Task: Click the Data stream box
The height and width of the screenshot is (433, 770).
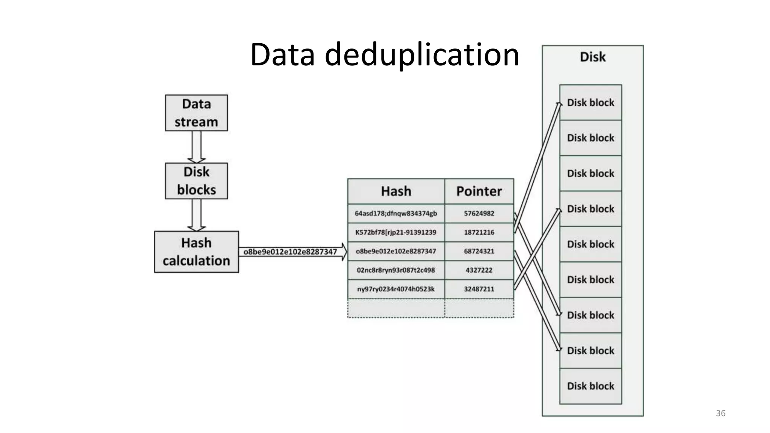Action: [x=196, y=113]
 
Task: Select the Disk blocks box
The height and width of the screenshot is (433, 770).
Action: [x=196, y=181]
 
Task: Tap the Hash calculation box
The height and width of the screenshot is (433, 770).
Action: [x=196, y=251]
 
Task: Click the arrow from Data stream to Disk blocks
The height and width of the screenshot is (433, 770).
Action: [x=196, y=147]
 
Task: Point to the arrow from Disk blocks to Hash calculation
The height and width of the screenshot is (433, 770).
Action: [x=196, y=215]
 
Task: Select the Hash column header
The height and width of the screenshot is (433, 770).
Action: [x=396, y=191]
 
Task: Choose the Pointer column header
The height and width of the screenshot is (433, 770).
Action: [x=479, y=191]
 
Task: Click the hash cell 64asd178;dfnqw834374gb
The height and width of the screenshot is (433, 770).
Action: [x=396, y=213]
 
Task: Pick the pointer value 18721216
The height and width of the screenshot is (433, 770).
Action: [x=479, y=232]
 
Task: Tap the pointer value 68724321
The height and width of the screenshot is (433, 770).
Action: [x=479, y=251]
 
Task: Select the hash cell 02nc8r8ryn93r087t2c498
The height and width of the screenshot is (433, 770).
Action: [x=396, y=270]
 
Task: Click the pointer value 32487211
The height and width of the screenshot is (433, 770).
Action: [x=479, y=289]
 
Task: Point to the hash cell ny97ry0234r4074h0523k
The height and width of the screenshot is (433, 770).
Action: [x=396, y=289]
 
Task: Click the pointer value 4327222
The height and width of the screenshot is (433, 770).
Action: [x=479, y=270]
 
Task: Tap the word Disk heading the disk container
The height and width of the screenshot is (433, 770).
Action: [x=593, y=57]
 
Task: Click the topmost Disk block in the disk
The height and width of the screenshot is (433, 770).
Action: [x=590, y=103]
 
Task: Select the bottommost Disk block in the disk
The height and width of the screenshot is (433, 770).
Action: [x=590, y=386]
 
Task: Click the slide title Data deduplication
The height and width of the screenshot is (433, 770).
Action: [x=385, y=55]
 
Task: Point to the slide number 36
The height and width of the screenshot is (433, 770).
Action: [x=720, y=413]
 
